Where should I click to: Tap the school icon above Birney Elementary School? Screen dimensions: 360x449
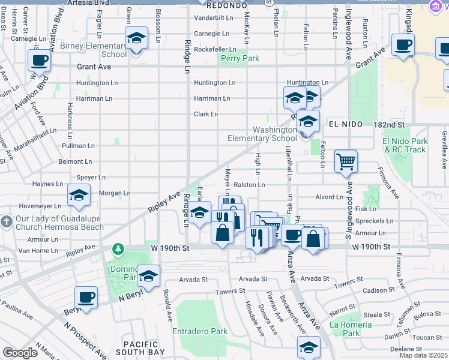tap(137, 39)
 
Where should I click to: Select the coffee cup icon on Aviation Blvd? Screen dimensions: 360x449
tap(40, 61)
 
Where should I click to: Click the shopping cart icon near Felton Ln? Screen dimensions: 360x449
tap(345, 161)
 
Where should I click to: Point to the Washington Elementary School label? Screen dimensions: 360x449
tap(262, 134)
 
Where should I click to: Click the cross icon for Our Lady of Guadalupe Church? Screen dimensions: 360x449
tap(6, 221)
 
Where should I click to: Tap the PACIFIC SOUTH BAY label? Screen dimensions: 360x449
tap(140, 349)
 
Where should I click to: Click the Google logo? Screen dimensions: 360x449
tap(20, 353)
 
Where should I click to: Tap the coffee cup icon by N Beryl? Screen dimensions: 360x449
tap(86, 298)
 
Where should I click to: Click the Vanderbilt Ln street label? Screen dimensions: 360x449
tap(212, 18)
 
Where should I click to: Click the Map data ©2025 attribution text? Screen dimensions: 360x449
tap(423, 355)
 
